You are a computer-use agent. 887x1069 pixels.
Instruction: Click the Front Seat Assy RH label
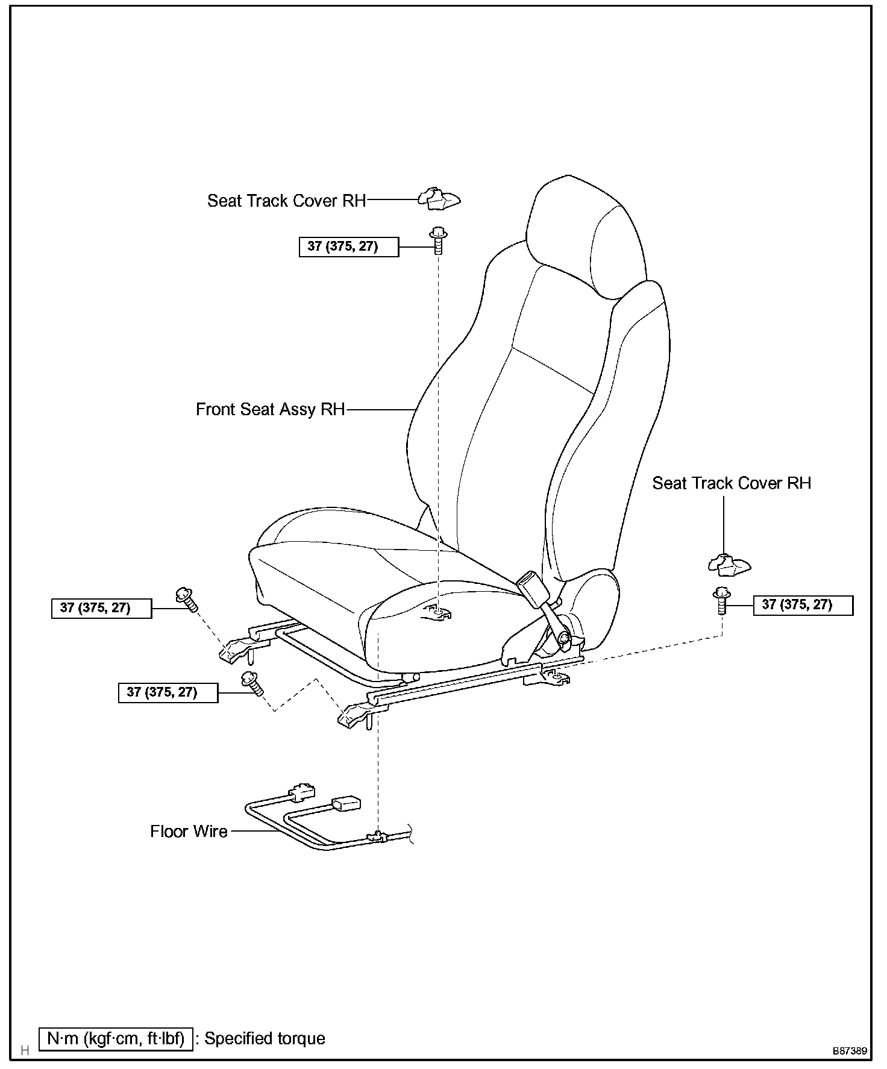(270, 409)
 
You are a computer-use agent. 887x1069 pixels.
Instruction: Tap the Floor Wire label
(189, 832)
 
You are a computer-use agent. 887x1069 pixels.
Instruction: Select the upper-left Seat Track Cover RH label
(286, 200)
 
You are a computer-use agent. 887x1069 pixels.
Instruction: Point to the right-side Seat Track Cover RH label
(732, 483)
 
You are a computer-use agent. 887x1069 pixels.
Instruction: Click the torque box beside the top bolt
(348, 247)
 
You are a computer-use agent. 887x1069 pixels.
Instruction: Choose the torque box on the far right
(803, 605)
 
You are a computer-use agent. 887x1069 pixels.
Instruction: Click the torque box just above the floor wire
(168, 693)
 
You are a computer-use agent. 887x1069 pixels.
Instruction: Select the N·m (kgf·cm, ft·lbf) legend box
(116, 1038)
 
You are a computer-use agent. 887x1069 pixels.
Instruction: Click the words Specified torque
(265, 1038)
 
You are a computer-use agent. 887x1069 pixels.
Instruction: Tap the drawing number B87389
(850, 1050)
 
